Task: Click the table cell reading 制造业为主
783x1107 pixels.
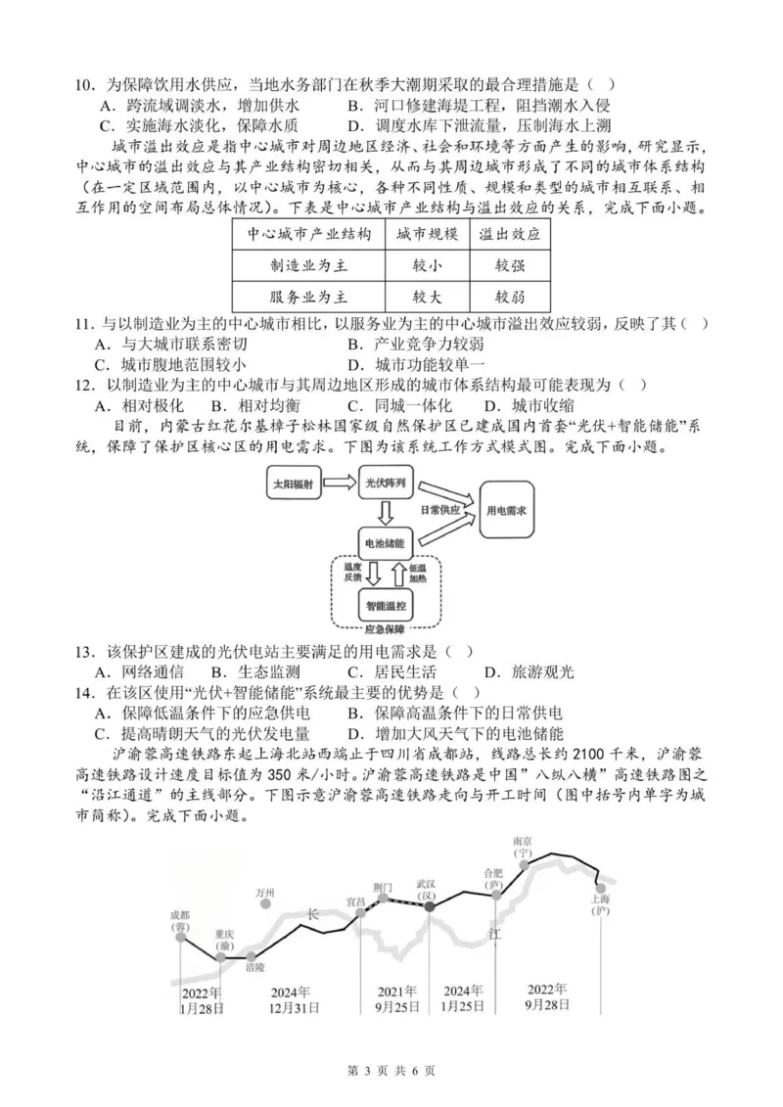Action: click(x=308, y=265)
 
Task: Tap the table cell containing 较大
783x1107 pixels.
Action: click(x=426, y=297)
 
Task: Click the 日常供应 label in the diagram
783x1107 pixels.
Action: click(x=439, y=510)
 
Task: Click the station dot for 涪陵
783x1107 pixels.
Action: click(x=252, y=956)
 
